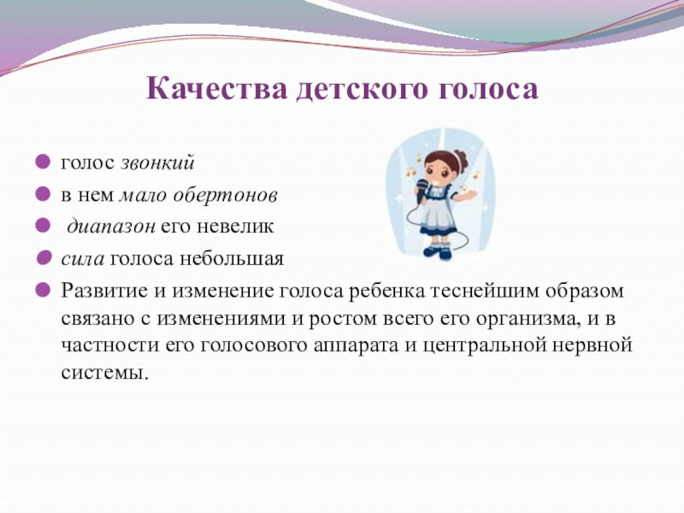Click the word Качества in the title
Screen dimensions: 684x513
217,89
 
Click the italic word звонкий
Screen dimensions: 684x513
157,162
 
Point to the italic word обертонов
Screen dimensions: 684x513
225,195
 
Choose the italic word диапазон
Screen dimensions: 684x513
111,227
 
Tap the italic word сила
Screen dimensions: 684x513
83,259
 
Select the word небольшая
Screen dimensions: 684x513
232,259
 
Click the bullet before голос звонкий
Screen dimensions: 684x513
43,162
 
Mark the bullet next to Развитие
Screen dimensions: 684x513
43,290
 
